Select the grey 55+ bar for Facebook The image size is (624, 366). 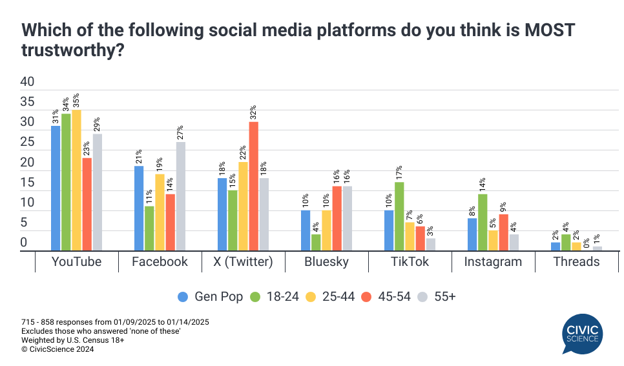point(181,196)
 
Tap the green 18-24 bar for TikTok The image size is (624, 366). point(399,216)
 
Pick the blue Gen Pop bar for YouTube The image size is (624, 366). point(56,188)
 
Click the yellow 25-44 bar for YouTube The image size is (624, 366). point(76,180)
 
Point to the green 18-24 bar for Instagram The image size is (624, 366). point(483,222)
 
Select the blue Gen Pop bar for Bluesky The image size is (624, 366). point(306,230)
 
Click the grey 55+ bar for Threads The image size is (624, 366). point(598,249)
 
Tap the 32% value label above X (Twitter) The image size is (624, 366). point(254,112)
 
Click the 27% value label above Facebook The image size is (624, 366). point(181,132)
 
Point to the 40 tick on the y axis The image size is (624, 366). point(27,82)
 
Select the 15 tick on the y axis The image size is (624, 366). point(27,183)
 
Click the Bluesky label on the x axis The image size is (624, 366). point(326,261)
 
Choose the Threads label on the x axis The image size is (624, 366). point(576,261)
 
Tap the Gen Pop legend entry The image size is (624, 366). point(211,297)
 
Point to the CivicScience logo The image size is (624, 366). point(583,332)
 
